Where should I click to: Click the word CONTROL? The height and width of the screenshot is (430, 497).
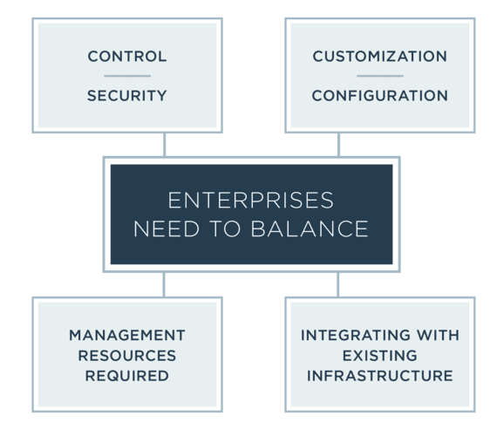127,57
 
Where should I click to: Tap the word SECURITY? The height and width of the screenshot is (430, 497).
127,96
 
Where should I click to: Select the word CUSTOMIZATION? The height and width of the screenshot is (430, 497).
380,57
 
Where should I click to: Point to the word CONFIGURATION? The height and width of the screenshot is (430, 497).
380,96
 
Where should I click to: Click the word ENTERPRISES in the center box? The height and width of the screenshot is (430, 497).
251,201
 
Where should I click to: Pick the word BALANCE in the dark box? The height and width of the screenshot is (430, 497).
310,229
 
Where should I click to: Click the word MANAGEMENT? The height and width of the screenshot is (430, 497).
127,336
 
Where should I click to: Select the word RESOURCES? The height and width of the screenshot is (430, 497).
127,356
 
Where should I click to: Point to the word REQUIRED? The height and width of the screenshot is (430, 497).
127,376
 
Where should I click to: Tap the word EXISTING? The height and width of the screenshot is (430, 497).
380,356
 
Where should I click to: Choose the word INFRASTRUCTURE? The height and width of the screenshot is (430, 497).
380,376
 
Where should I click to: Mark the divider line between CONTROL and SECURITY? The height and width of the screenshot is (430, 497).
127,76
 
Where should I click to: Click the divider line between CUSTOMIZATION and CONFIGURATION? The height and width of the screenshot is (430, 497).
380,76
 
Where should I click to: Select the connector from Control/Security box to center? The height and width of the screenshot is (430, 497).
165,145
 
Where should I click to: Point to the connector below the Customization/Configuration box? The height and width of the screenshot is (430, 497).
339,145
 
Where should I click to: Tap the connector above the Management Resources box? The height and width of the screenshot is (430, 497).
164,284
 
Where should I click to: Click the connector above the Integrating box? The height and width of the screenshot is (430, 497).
338,284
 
